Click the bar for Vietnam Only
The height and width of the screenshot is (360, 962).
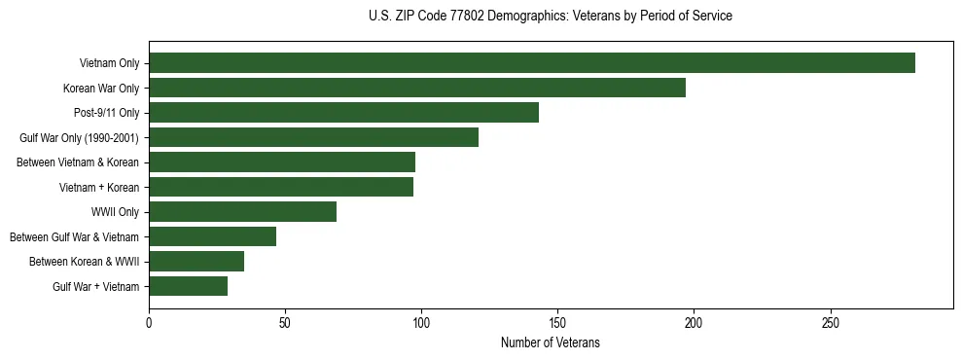(532, 63)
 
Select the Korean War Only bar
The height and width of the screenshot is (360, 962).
(417, 88)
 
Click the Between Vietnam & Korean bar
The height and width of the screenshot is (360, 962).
(282, 162)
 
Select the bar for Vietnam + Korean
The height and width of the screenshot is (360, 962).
(281, 187)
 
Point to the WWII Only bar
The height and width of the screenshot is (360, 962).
(242, 212)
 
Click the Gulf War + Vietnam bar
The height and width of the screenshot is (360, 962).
(188, 286)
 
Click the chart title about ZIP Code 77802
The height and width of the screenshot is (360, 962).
(551, 16)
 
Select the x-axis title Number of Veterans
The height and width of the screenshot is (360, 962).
(551, 343)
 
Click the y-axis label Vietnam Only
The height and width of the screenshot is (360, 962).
(109, 64)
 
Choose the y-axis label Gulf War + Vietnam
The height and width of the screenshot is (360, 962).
(96, 287)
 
